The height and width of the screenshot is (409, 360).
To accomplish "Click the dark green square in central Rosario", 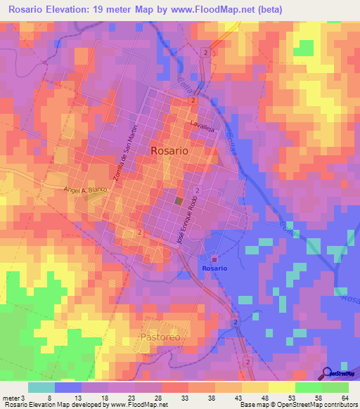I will [179, 202].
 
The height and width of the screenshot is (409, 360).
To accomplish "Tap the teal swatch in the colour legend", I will [41, 387].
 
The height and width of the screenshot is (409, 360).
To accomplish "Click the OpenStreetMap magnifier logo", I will [328, 373].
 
